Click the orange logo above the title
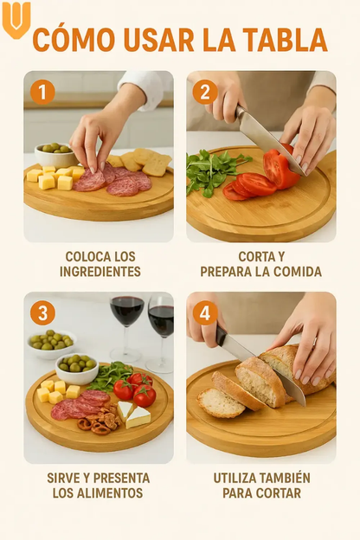[16, 20]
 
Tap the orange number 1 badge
[42, 92]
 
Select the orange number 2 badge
[205, 92]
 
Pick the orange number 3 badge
[42, 313]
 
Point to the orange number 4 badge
[205, 313]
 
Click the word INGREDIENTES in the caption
[100, 272]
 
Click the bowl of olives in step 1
[55, 155]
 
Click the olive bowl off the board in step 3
[52, 344]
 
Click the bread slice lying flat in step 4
[221, 402]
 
